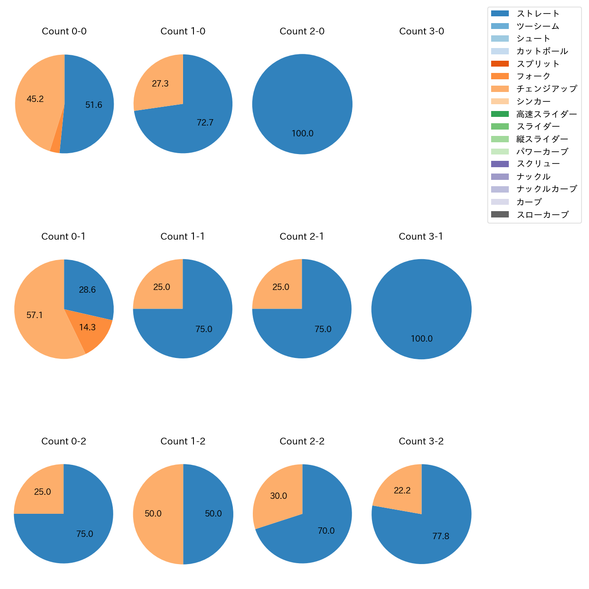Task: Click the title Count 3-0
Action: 421,31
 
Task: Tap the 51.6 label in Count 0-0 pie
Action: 94,105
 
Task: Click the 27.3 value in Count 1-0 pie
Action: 160,84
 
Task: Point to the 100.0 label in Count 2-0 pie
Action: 302,134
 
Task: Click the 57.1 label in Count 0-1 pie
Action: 35,315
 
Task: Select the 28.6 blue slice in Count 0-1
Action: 87,290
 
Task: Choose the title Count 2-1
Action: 302,237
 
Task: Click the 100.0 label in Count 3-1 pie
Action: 421,339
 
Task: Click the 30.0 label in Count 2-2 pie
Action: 279,496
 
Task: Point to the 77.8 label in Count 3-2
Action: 440,536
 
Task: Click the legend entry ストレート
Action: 538,14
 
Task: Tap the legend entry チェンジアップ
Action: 547,89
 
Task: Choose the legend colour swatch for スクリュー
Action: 500,164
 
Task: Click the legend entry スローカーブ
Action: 542,215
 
